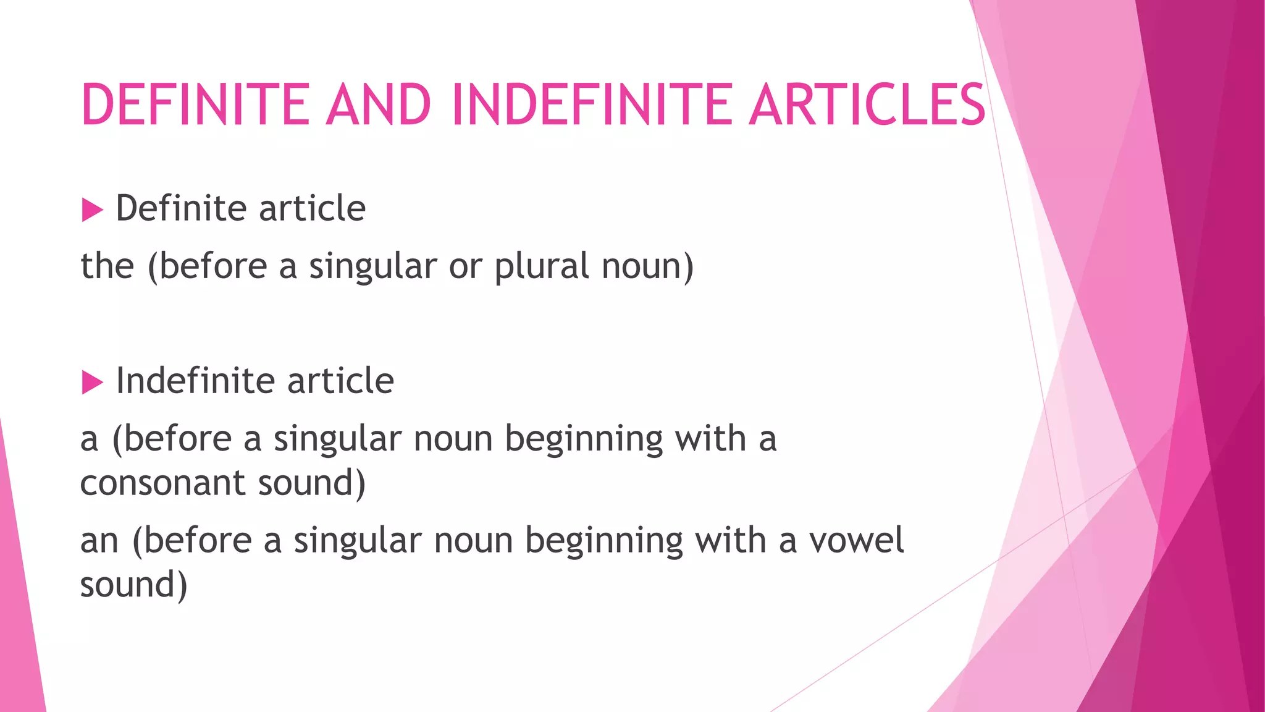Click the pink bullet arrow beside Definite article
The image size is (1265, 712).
[92, 210]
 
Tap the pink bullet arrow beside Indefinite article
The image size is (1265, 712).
[92, 383]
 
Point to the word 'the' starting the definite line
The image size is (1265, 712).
[107, 266]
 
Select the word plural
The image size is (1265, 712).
[542, 266]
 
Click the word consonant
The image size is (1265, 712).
[163, 483]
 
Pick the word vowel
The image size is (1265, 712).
[856, 540]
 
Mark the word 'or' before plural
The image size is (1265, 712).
[465, 268]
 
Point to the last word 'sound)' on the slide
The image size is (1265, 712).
[133, 585]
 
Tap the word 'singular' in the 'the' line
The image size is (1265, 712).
[373, 268]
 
